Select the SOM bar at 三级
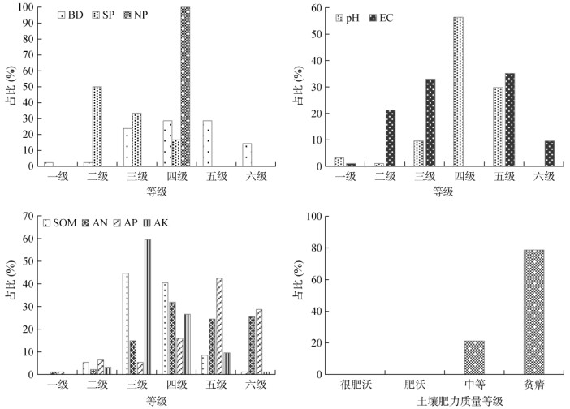click(126, 324)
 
